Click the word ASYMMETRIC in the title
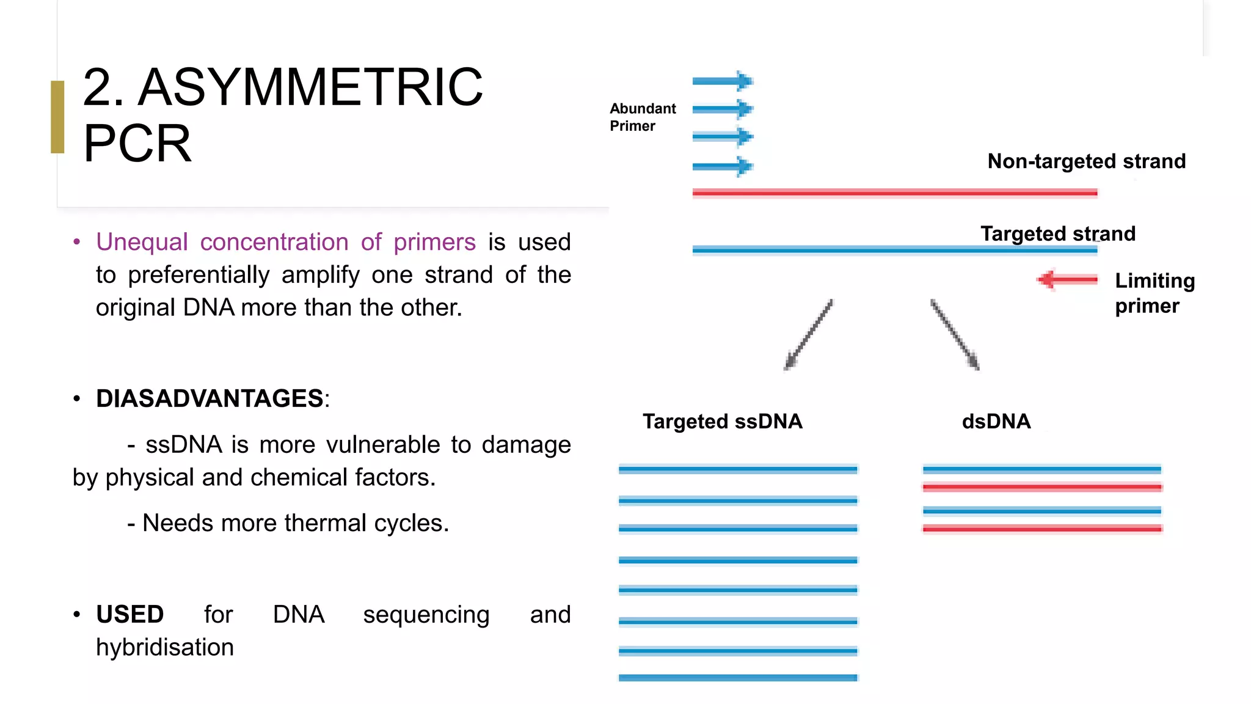310,87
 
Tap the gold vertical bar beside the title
57,117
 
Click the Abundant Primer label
642,117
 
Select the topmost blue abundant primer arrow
723,81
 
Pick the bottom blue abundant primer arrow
723,166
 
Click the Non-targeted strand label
1086,161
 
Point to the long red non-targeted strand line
894,193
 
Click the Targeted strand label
1057,233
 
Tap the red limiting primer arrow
1067,280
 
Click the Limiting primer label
1154,293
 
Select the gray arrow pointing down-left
808,335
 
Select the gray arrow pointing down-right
955,335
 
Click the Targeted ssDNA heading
722,422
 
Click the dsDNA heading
996,422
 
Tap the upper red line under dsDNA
1041,488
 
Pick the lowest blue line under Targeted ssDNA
738,677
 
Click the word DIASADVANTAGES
210,398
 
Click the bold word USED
129,614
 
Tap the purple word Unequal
142,242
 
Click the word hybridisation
165,647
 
